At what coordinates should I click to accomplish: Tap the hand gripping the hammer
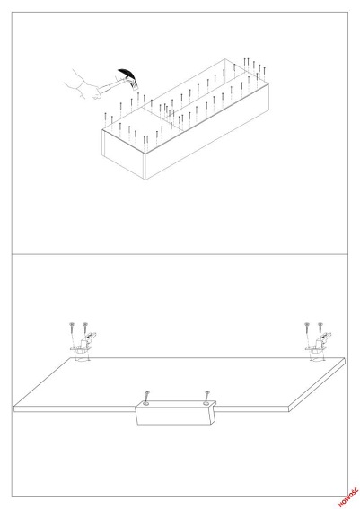[x=84, y=86]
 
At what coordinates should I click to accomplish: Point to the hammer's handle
[x=110, y=86]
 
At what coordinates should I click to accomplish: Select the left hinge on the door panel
[x=83, y=343]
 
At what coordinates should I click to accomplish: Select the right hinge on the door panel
[x=319, y=343]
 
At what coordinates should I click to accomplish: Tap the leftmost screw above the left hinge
[x=72, y=329]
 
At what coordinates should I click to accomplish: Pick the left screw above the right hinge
[x=307, y=329]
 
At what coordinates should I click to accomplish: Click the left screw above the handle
[x=146, y=396]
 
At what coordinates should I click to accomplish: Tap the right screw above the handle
[x=206, y=396]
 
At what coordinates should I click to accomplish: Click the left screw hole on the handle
[x=145, y=403]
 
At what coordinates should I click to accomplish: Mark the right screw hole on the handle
[x=206, y=403]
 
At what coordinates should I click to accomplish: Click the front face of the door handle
[x=175, y=415]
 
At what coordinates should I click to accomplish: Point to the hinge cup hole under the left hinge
[x=82, y=359]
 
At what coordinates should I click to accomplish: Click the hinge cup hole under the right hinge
[x=317, y=359]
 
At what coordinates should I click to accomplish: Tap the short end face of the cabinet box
[x=123, y=154]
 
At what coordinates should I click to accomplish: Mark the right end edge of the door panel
[x=317, y=385]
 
